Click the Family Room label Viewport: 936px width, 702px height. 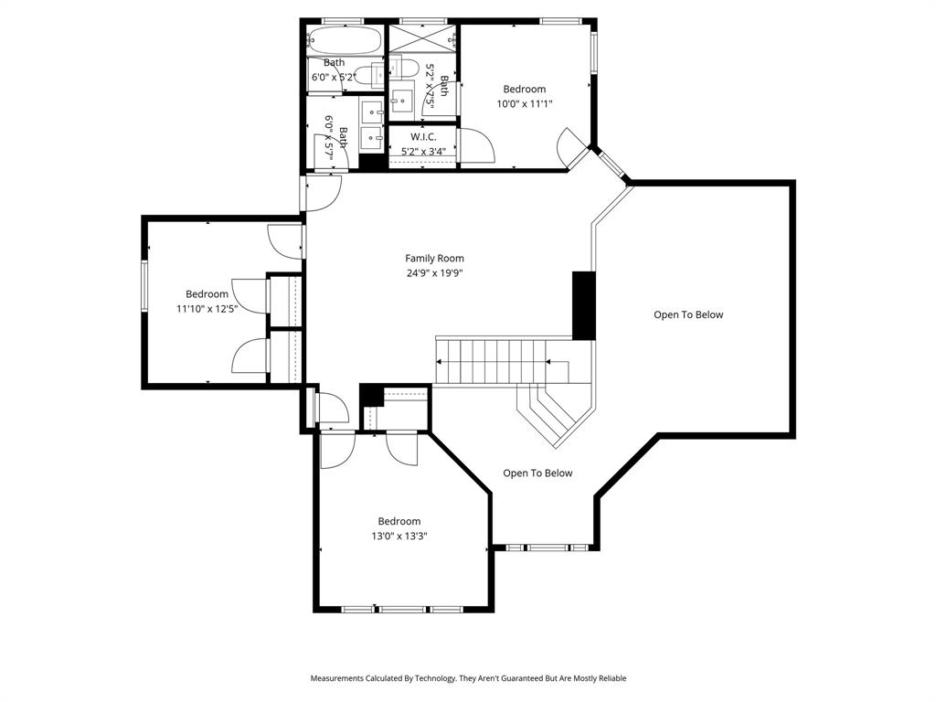pos(435,259)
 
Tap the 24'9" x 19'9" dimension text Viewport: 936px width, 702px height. pos(435,273)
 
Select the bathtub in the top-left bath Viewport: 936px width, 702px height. pos(344,41)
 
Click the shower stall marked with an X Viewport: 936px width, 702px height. pos(422,37)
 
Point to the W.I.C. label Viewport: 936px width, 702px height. pos(423,137)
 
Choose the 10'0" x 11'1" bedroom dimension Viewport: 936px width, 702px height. pos(525,103)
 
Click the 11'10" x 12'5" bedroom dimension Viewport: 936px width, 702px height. pos(207,309)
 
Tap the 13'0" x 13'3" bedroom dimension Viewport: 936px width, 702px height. pos(399,536)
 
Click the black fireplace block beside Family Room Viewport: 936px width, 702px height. pos(584,305)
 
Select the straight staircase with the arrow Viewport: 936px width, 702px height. pos(501,361)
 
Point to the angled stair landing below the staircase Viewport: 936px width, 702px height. pos(552,413)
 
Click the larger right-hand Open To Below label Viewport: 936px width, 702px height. pos(687,315)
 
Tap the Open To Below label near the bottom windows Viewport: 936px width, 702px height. pos(537,473)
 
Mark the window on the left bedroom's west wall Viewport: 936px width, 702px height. pos(144,285)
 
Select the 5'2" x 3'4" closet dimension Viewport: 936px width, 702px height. pos(423,152)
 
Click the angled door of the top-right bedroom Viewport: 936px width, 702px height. pos(574,146)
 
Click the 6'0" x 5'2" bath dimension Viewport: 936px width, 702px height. pos(333,78)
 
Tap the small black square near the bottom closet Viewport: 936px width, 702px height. pos(370,395)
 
